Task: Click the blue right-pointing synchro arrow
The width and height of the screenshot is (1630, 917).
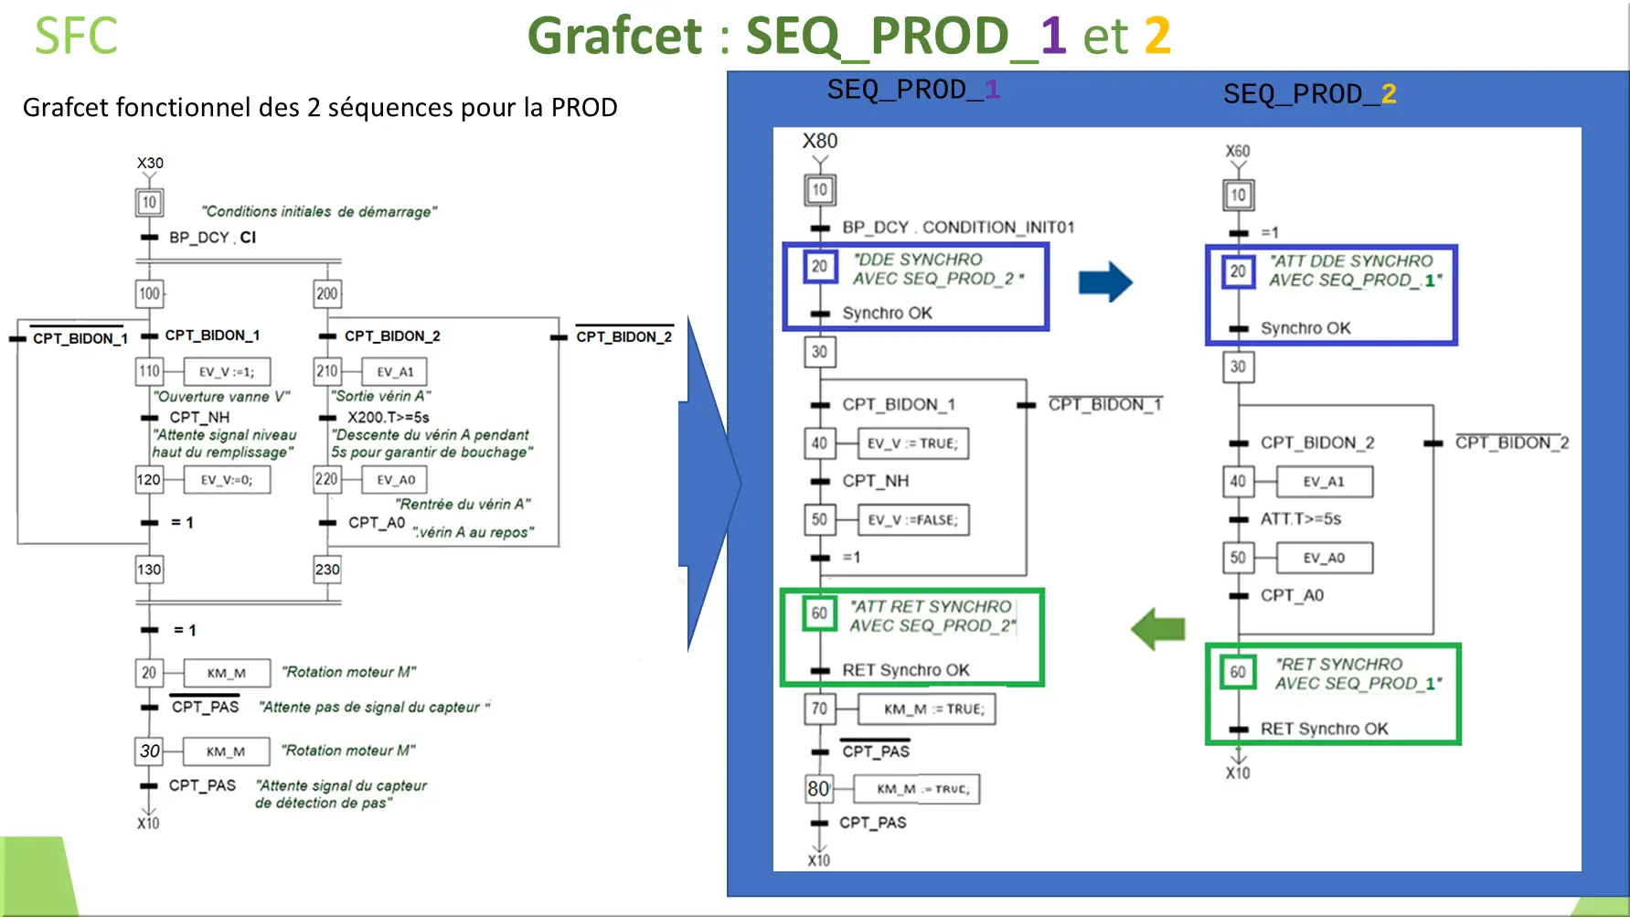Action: pyautogui.click(x=1104, y=282)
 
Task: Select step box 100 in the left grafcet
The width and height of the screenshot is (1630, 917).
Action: pyautogui.click(x=149, y=293)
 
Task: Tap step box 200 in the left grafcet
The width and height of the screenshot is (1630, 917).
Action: pyautogui.click(x=327, y=293)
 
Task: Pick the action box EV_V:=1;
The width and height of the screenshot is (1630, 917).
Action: pyautogui.click(x=227, y=372)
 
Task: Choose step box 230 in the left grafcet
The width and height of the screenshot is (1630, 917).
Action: pyautogui.click(x=327, y=570)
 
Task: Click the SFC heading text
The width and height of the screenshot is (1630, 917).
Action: pyautogui.click(x=76, y=37)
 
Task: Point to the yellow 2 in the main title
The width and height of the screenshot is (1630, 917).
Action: pyautogui.click(x=1157, y=37)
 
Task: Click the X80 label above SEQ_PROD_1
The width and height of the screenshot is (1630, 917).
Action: pyautogui.click(x=820, y=141)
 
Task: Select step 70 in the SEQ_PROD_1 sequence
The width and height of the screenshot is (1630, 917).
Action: pyautogui.click(x=819, y=709)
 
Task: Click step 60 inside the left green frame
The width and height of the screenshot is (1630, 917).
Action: pyautogui.click(x=819, y=613)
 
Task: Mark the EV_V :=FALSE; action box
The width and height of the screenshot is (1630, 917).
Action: pyautogui.click(x=912, y=520)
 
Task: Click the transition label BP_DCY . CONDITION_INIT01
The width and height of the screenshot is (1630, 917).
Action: pyautogui.click(x=958, y=227)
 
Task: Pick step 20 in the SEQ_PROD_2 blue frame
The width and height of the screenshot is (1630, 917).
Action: pyautogui.click(x=1238, y=272)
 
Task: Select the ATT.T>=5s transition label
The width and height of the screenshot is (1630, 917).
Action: pyautogui.click(x=1300, y=519)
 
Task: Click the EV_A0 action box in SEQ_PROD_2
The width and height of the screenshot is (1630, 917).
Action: pyautogui.click(x=1324, y=559)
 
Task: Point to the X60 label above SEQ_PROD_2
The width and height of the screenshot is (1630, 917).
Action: pyautogui.click(x=1238, y=151)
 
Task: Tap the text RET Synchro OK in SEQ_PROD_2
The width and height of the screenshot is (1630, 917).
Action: pyautogui.click(x=1324, y=729)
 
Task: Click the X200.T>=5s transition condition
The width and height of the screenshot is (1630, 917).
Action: pyautogui.click(x=388, y=417)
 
